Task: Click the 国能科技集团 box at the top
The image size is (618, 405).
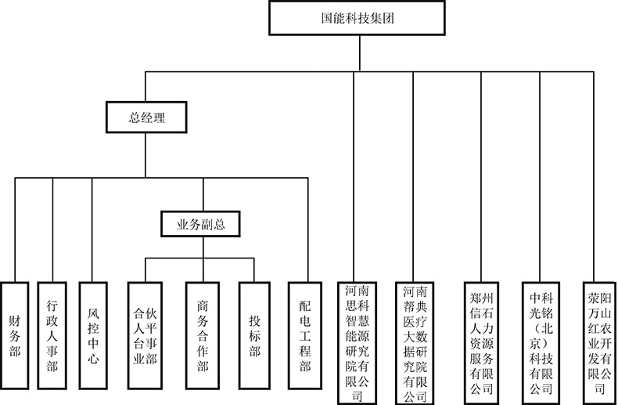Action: [357, 18]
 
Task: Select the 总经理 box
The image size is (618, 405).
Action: [146, 118]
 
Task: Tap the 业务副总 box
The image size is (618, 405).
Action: [200, 224]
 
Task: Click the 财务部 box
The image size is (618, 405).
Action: [15, 335]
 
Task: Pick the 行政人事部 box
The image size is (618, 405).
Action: [52, 335]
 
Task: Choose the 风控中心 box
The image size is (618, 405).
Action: [93, 335]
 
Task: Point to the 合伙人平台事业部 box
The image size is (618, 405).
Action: [145, 335]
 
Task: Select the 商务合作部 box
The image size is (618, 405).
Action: [203, 335]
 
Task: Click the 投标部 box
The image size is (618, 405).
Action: [254, 335]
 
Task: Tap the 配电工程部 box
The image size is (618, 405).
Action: [305, 335]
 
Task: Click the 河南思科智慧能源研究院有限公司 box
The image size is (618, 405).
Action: [357, 343]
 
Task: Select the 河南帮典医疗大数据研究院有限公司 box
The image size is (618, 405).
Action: [415, 343]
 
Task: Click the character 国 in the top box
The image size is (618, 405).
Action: [328, 18]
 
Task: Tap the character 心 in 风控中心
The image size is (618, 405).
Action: [93, 358]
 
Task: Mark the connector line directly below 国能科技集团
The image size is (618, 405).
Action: [360, 53]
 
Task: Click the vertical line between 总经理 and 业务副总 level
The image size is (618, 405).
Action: [145, 155]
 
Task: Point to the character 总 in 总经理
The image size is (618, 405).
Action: [135, 118]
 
